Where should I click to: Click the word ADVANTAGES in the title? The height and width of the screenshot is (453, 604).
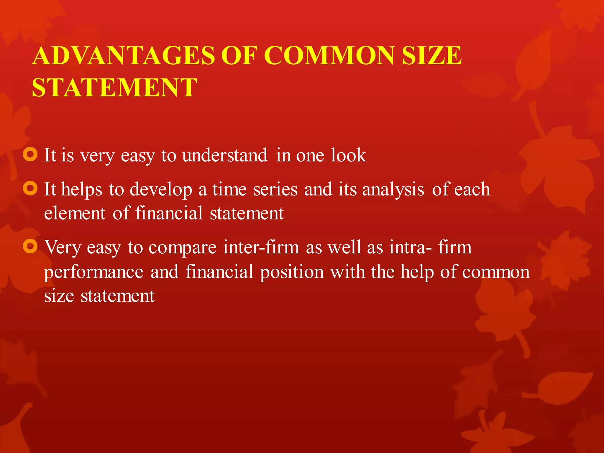coord(124,56)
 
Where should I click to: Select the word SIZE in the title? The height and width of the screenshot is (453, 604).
coord(432,56)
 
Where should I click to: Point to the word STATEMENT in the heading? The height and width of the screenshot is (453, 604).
coord(114,88)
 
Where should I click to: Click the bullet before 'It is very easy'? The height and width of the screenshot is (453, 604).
coord(30,155)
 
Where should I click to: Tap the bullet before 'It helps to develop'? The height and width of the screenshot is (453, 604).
coord(30,188)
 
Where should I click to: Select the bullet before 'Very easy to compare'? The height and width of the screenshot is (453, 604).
coord(30,246)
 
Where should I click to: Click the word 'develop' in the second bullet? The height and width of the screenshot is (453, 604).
coord(161,190)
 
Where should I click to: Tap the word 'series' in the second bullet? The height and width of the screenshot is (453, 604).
coord(275,189)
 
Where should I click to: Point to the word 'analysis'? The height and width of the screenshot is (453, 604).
coord(393,190)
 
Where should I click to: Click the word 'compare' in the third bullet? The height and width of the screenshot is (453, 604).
coord(183,248)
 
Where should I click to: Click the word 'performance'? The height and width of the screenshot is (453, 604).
coord(94,272)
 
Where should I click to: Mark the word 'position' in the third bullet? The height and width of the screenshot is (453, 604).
coord(292,272)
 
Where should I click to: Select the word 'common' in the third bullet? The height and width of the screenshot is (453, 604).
coord(496,272)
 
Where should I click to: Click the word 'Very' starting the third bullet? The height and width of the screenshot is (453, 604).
coord(62,247)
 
